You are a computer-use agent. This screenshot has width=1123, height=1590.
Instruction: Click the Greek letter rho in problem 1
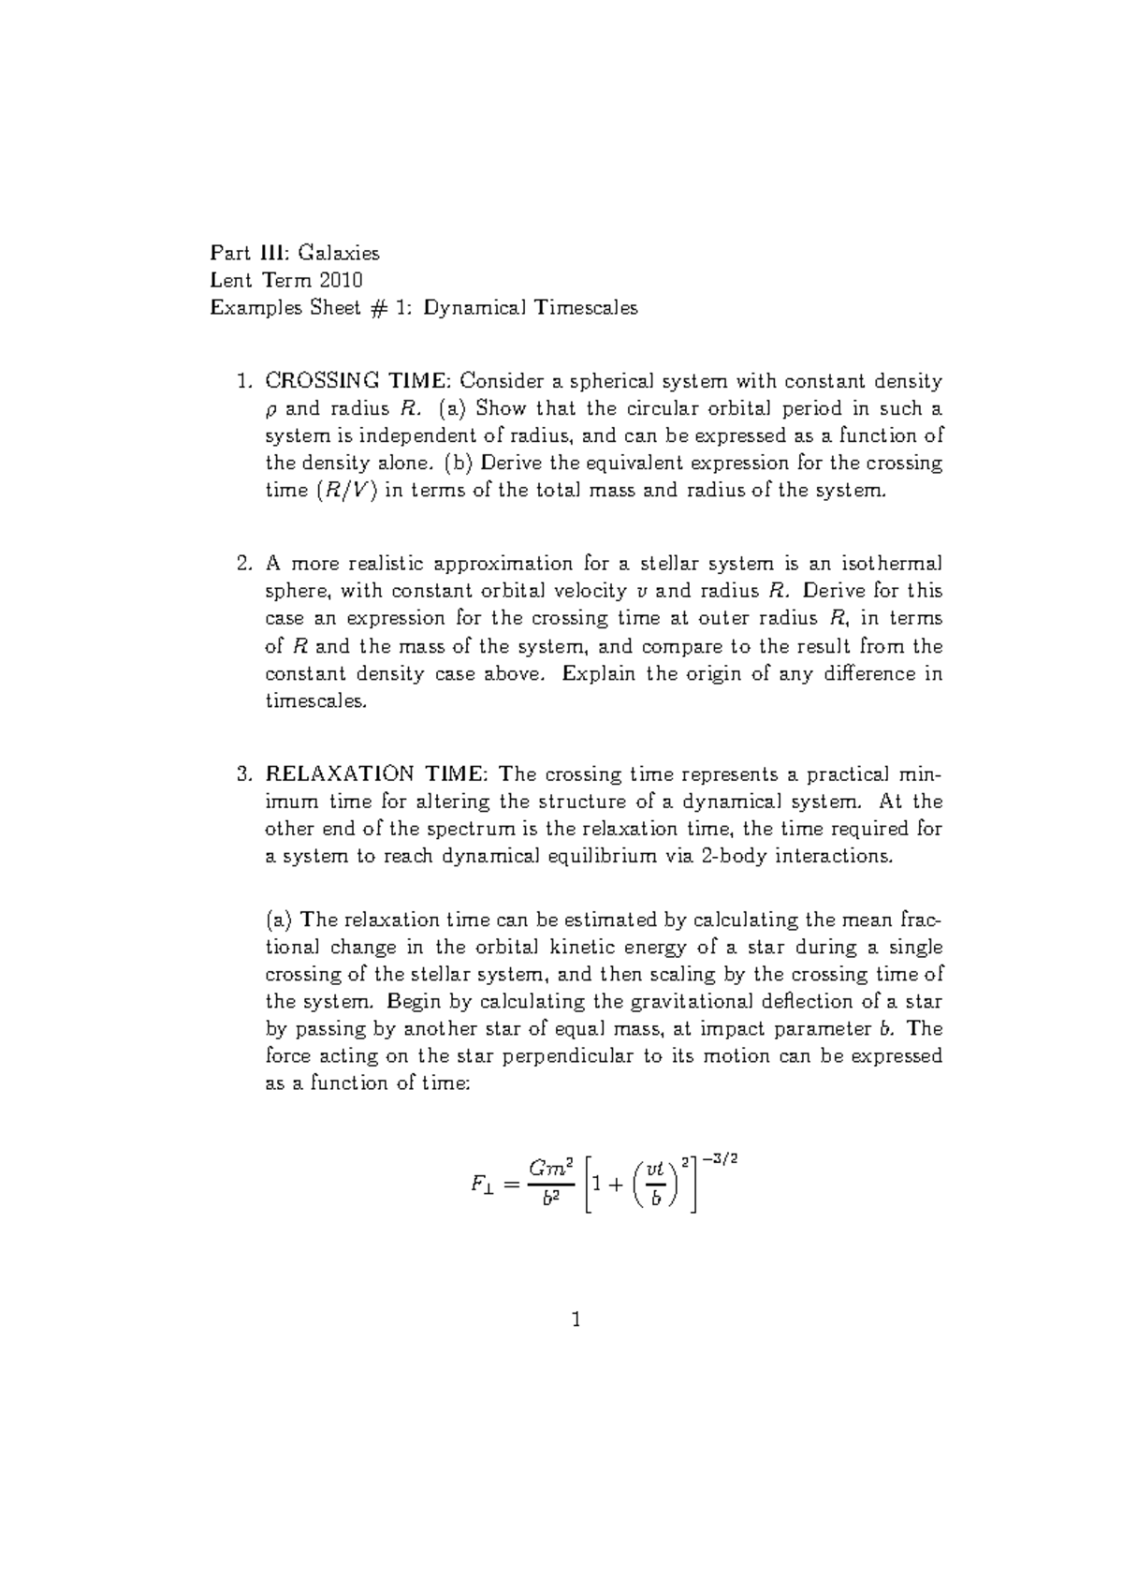point(272,410)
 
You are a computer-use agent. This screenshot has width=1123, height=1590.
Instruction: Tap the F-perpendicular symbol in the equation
point(482,1185)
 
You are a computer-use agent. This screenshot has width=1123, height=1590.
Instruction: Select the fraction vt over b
point(656,1184)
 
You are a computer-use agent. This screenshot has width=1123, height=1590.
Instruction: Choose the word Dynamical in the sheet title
point(474,308)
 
